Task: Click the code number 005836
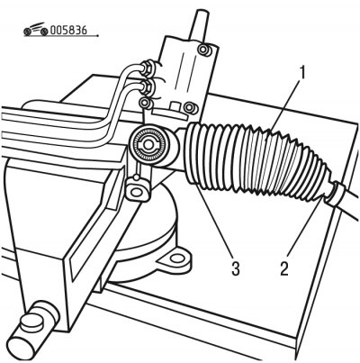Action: click(68, 30)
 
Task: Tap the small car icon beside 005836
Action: click(36, 29)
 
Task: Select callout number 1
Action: click(302, 73)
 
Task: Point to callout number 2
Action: click(284, 268)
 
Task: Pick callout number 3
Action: click(236, 268)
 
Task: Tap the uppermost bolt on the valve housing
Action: click(204, 50)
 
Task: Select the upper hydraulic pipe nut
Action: click(148, 68)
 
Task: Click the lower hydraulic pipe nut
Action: click(147, 86)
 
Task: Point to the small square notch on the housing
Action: click(174, 106)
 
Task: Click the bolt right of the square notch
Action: click(190, 107)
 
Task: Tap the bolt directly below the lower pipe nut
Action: click(145, 103)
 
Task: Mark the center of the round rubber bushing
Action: click(147, 145)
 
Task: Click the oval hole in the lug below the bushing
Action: click(137, 192)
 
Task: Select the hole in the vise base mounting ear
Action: click(176, 259)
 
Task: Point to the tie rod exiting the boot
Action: click(351, 204)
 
